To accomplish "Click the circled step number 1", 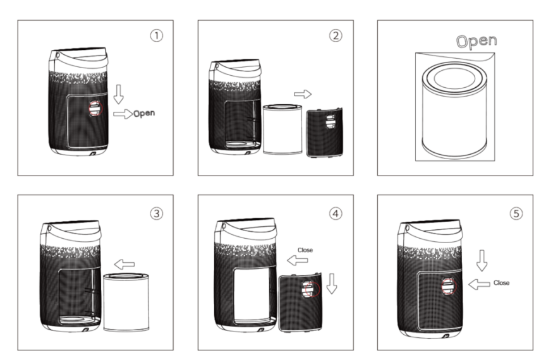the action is point(156,35).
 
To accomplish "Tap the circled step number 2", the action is point(336,35).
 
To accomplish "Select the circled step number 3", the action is point(156,213).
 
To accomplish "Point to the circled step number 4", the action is point(336,213).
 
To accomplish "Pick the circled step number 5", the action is point(516,213).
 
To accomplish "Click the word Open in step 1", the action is point(144,114).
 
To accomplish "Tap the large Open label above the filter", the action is point(476,41).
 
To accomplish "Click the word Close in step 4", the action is point(305,250).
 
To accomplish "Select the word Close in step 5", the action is point(501,283).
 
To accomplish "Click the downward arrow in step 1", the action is point(119,94).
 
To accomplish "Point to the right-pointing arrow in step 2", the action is point(303,94).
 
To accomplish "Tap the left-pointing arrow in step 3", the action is point(124,264).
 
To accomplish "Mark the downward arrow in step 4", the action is point(332,284).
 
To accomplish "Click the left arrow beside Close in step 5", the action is point(479,284).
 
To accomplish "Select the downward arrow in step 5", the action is point(482,260).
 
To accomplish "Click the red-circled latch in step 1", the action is point(95,108).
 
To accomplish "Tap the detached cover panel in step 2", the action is point(324,133).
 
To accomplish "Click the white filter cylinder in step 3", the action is point(126,302).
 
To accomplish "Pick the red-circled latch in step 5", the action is point(449,286).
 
